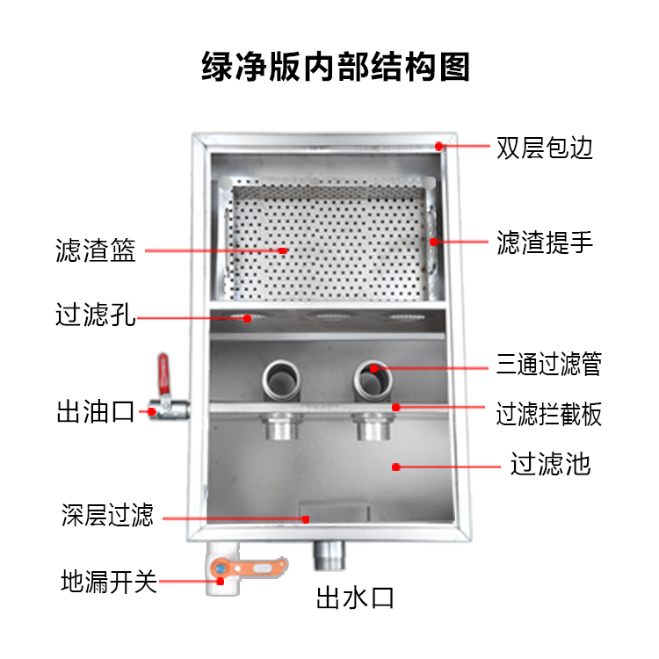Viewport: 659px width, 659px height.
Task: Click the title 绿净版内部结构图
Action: [x=336, y=67]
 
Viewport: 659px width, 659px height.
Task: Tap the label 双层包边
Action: [x=545, y=148]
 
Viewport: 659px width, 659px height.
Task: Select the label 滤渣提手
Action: [x=545, y=243]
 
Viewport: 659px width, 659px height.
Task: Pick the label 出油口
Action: [x=95, y=411]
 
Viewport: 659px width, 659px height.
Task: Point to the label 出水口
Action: [x=355, y=599]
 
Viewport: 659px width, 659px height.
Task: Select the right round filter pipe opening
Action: [x=373, y=379]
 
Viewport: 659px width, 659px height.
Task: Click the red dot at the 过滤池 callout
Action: [x=395, y=467]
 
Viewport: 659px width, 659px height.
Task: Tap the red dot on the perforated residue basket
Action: [x=284, y=250]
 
